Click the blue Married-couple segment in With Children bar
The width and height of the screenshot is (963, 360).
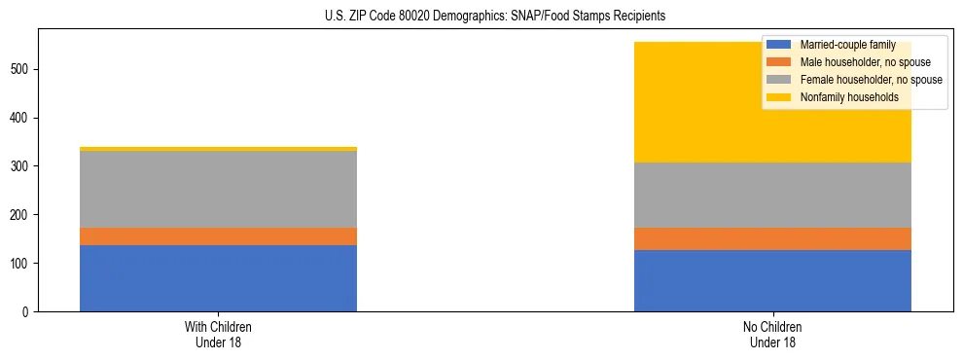218,278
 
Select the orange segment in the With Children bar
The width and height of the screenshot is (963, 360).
218,236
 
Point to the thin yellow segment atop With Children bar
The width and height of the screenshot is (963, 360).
218,149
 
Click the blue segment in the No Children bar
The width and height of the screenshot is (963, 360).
772,281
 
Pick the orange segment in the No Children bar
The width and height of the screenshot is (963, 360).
772,239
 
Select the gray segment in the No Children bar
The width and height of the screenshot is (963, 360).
772,195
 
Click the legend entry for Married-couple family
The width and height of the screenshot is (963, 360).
840,45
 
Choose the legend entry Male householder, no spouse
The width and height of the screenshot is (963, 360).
858,62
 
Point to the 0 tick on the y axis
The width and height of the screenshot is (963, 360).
26,312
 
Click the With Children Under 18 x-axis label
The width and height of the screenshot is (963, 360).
218,335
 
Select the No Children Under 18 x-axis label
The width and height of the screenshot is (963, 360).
772,335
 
